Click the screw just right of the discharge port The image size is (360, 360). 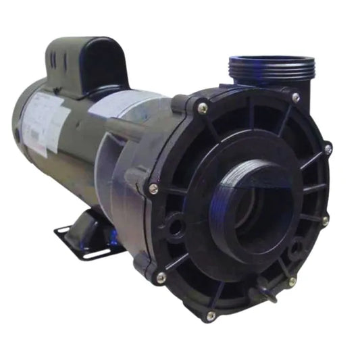[295, 98]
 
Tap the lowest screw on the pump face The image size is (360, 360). [211, 315]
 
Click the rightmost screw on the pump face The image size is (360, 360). [328, 149]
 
